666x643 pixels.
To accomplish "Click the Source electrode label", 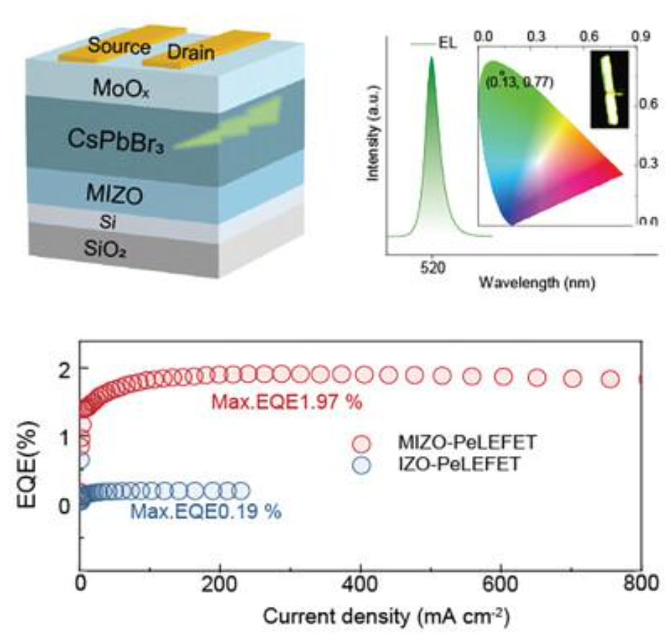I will pos(119,45).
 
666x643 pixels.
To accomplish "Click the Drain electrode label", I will pos(191,52).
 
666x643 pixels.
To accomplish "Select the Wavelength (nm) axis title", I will pos(536,284).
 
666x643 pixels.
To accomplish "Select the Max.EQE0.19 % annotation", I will pos(206,514).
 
